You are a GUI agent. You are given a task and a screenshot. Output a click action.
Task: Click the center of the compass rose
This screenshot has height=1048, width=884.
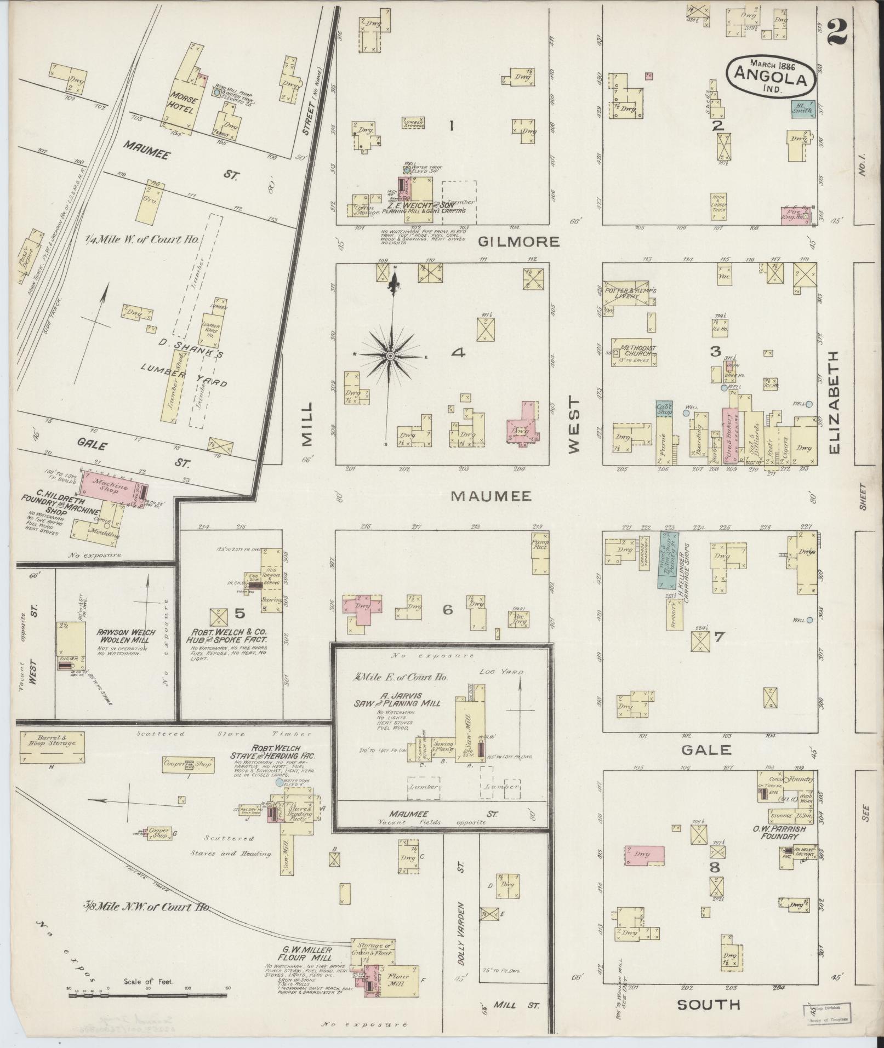click(390, 356)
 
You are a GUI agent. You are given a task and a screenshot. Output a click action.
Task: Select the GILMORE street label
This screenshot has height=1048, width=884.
click(518, 242)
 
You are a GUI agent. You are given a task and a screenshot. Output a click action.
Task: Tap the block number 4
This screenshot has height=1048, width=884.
click(458, 353)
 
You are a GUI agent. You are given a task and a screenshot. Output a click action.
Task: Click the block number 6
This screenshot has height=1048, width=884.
click(448, 609)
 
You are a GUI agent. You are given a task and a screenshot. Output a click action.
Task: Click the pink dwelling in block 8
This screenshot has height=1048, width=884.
click(645, 856)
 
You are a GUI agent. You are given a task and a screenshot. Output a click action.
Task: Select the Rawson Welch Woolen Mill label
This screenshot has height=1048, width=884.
click(126, 635)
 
